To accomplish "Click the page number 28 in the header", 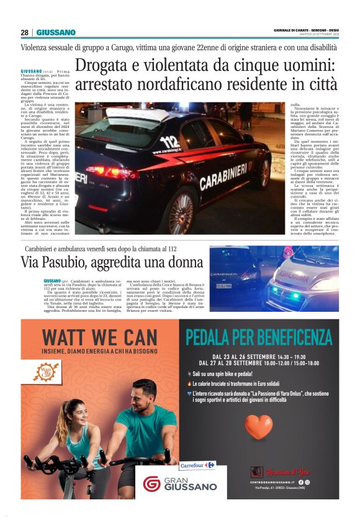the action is [x=25, y=32].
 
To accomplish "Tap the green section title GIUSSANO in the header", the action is [x=56, y=32].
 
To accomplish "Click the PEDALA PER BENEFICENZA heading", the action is [x=258, y=337].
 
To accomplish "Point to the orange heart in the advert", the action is [x=259, y=427].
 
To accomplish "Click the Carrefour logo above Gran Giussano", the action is [x=196, y=465].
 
